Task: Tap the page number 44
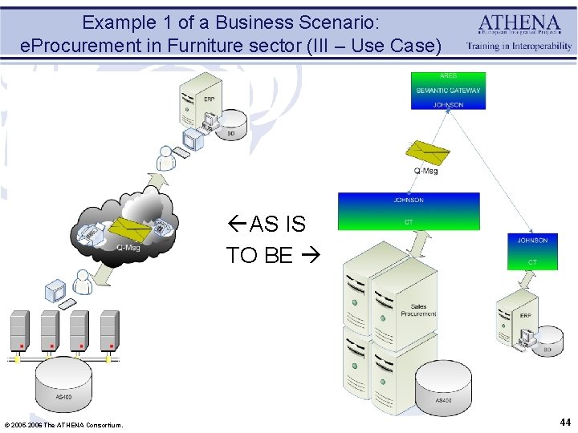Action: click(x=565, y=422)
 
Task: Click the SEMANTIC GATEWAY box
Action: click(x=448, y=91)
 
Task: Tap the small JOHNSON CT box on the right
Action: click(x=532, y=251)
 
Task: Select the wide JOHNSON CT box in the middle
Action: click(x=409, y=211)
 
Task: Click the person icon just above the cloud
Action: click(x=166, y=158)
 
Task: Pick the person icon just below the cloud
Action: click(x=82, y=282)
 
